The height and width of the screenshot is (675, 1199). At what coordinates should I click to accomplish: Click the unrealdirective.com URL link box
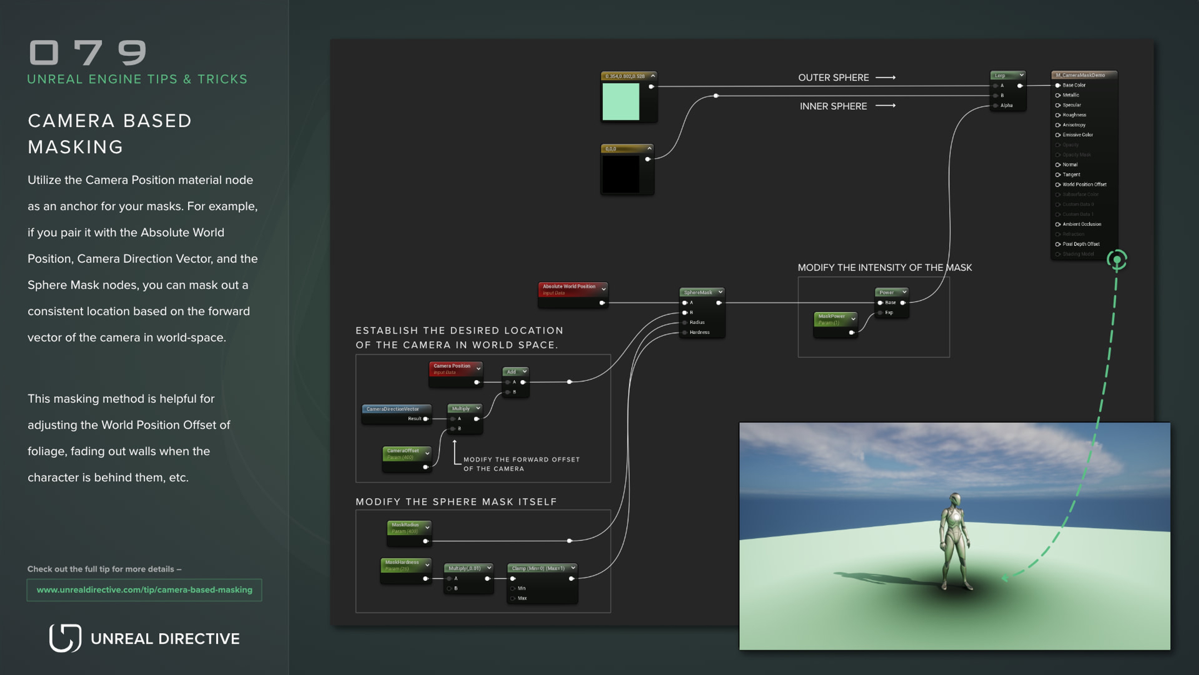coord(144,590)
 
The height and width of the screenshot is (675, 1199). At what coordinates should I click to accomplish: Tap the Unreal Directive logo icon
coord(65,638)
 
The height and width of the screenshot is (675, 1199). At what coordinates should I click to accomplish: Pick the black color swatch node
coord(621,174)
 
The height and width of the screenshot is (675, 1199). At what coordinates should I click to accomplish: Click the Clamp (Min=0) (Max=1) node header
coord(539,568)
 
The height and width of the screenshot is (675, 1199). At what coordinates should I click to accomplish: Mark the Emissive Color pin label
coord(1078,135)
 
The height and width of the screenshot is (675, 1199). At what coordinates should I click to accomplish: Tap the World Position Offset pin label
coord(1084,184)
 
